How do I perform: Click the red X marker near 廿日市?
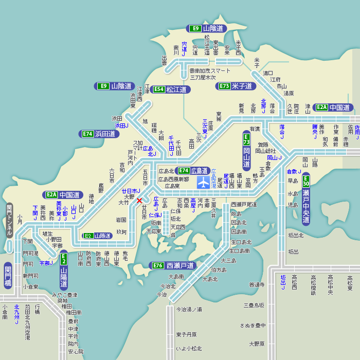pyautogui.click(x=139, y=201)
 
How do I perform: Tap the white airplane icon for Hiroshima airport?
pyautogui.click(x=204, y=182)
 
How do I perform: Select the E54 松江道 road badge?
pyautogui.click(x=170, y=89)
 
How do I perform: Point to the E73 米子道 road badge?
pyautogui.click(x=236, y=86)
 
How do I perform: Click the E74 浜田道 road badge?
pyautogui.click(x=100, y=134)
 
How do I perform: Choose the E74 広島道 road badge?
pyautogui.click(x=193, y=171)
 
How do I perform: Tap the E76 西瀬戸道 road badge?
pyautogui.click(x=173, y=265)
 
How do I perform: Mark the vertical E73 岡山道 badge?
pyautogui.click(x=246, y=150)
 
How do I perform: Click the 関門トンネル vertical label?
pyautogui.click(x=9, y=221)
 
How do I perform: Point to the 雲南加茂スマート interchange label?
pyautogui.click(x=210, y=70)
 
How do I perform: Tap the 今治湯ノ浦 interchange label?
pyautogui.click(x=189, y=310)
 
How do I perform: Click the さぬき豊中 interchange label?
pyautogui.click(x=253, y=325)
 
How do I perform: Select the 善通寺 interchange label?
pyautogui.click(x=257, y=284)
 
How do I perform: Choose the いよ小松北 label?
pyautogui.click(x=189, y=349)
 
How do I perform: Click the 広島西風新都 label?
pyautogui.click(x=173, y=179)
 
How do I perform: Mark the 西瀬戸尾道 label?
pyautogui.click(x=237, y=205)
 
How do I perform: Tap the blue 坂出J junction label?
pyautogui.click(x=283, y=282)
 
